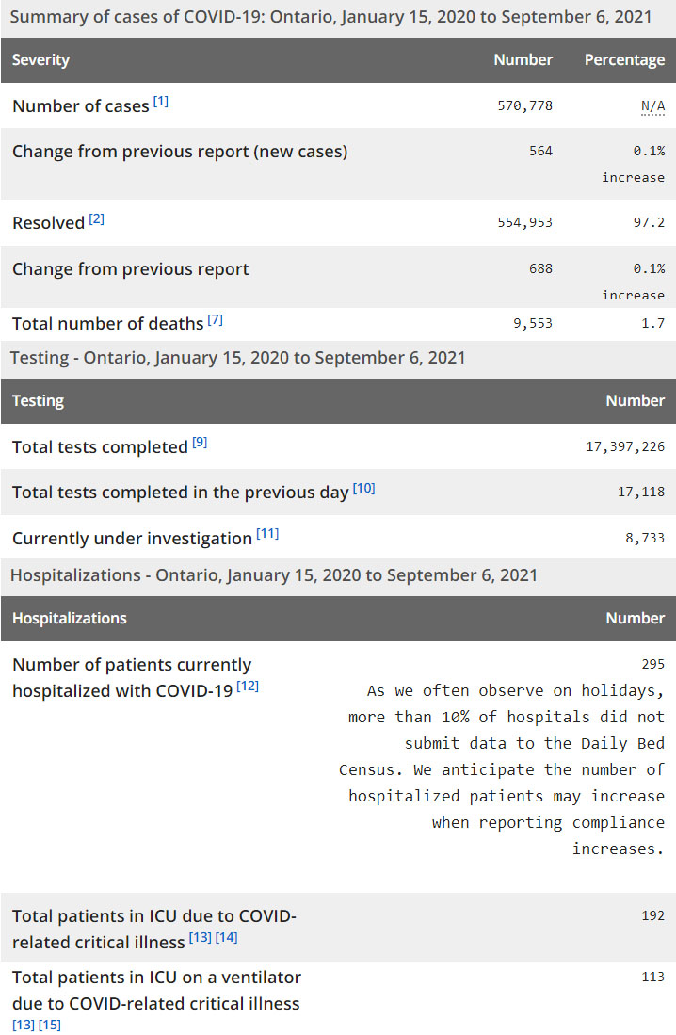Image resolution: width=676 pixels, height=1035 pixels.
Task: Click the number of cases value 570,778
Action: click(x=524, y=105)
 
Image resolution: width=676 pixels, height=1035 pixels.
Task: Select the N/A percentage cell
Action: click(x=652, y=105)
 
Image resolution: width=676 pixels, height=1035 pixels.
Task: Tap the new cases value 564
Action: click(x=540, y=151)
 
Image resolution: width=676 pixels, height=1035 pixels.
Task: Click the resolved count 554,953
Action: click(x=524, y=222)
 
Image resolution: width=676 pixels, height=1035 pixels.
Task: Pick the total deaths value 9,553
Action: click(x=532, y=323)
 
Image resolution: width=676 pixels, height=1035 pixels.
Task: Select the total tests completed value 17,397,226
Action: click(x=624, y=446)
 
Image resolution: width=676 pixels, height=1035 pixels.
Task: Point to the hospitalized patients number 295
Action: click(x=652, y=664)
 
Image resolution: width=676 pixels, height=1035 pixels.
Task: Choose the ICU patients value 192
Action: click(x=652, y=915)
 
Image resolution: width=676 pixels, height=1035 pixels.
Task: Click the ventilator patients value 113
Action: click(x=652, y=977)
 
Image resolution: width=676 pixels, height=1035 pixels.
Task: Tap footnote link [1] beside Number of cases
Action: click(x=161, y=102)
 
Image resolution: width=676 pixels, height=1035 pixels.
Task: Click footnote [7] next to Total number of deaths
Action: click(x=215, y=319)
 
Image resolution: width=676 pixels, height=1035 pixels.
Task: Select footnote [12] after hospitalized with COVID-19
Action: click(x=248, y=687)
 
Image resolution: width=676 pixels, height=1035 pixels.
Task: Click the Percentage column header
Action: click(x=624, y=59)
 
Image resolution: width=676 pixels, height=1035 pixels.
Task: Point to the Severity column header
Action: click(x=40, y=59)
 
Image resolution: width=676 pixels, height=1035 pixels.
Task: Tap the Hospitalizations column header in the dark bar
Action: click(x=69, y=618)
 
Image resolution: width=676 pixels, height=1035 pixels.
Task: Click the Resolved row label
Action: click(x=48, y=223)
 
